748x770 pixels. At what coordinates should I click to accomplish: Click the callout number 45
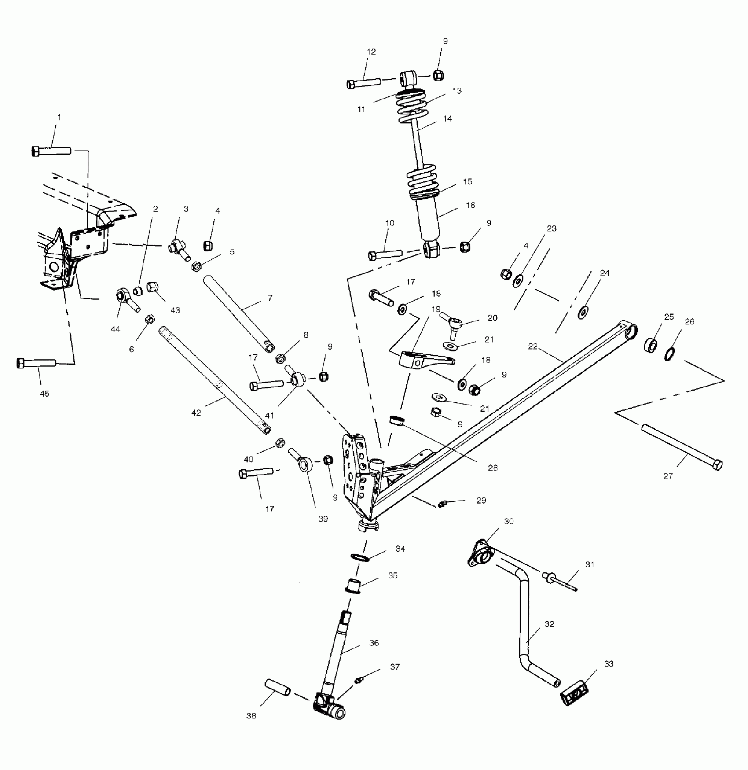(44, 394)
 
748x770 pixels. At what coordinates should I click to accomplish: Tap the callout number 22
(533, 346)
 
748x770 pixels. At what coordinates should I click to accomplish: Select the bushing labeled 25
(652, 345)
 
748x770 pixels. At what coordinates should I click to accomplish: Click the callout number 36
(374, 643)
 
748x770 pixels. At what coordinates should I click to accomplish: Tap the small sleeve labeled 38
(277, 687)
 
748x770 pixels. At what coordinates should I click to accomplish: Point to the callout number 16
(470, 205)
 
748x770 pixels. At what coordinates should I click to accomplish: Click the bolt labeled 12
(364, 82)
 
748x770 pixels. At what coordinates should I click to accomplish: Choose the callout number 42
(196, 413)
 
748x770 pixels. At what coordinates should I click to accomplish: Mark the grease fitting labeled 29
(442, 503)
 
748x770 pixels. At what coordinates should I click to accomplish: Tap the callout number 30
(509, 521)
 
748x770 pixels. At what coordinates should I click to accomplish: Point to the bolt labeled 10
(385, 254)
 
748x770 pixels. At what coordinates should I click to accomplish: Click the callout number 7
(270, 298)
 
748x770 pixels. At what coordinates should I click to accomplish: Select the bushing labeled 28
(397, 420)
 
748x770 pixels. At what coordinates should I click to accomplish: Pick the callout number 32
(549, 624)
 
